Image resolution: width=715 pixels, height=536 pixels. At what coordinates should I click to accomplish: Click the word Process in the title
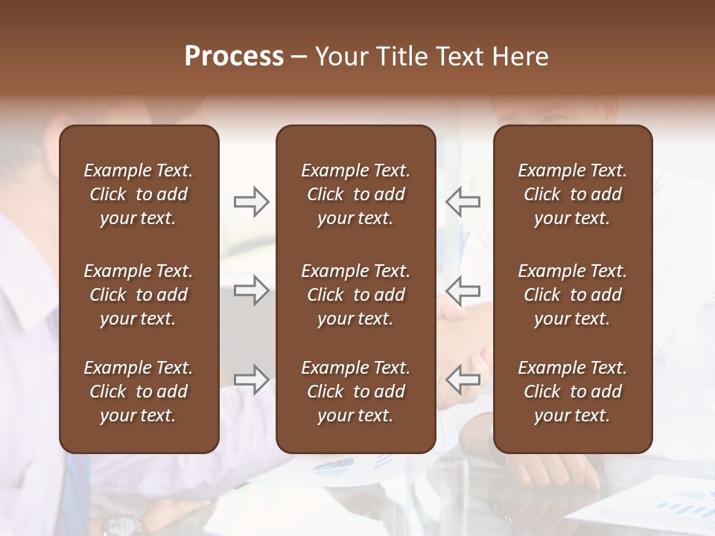tap(234, 57)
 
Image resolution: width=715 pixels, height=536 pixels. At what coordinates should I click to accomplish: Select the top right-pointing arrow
tap(251, 201)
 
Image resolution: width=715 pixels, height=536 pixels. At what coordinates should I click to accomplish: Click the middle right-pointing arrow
tap(251, 290)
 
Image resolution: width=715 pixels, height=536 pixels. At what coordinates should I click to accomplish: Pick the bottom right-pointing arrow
tap(251, 379)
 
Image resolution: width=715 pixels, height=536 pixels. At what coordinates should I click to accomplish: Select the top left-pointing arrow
tap(463, 201)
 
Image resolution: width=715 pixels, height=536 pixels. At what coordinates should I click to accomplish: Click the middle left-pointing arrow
tap(463, 290)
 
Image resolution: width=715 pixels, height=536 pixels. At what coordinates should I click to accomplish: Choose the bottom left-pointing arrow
tap(463, 379)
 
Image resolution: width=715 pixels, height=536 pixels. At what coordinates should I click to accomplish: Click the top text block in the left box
tap(139, 194)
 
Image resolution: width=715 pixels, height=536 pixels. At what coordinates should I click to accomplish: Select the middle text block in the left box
tap(139, 295)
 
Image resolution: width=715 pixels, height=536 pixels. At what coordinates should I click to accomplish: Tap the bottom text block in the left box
tap(139, 392)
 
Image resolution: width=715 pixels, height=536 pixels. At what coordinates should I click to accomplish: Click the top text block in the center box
tap(355, 194)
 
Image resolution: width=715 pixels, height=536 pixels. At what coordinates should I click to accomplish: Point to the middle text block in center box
tap(355, 295)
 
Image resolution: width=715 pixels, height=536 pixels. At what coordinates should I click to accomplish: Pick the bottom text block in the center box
tap(355, 392)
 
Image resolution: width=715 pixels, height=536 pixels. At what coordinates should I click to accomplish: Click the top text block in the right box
tap(572, 194)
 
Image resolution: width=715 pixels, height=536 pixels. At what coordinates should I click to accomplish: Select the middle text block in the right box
tap(572, 295)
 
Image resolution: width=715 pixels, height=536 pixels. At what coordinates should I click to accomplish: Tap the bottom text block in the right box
tap(572, 392)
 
